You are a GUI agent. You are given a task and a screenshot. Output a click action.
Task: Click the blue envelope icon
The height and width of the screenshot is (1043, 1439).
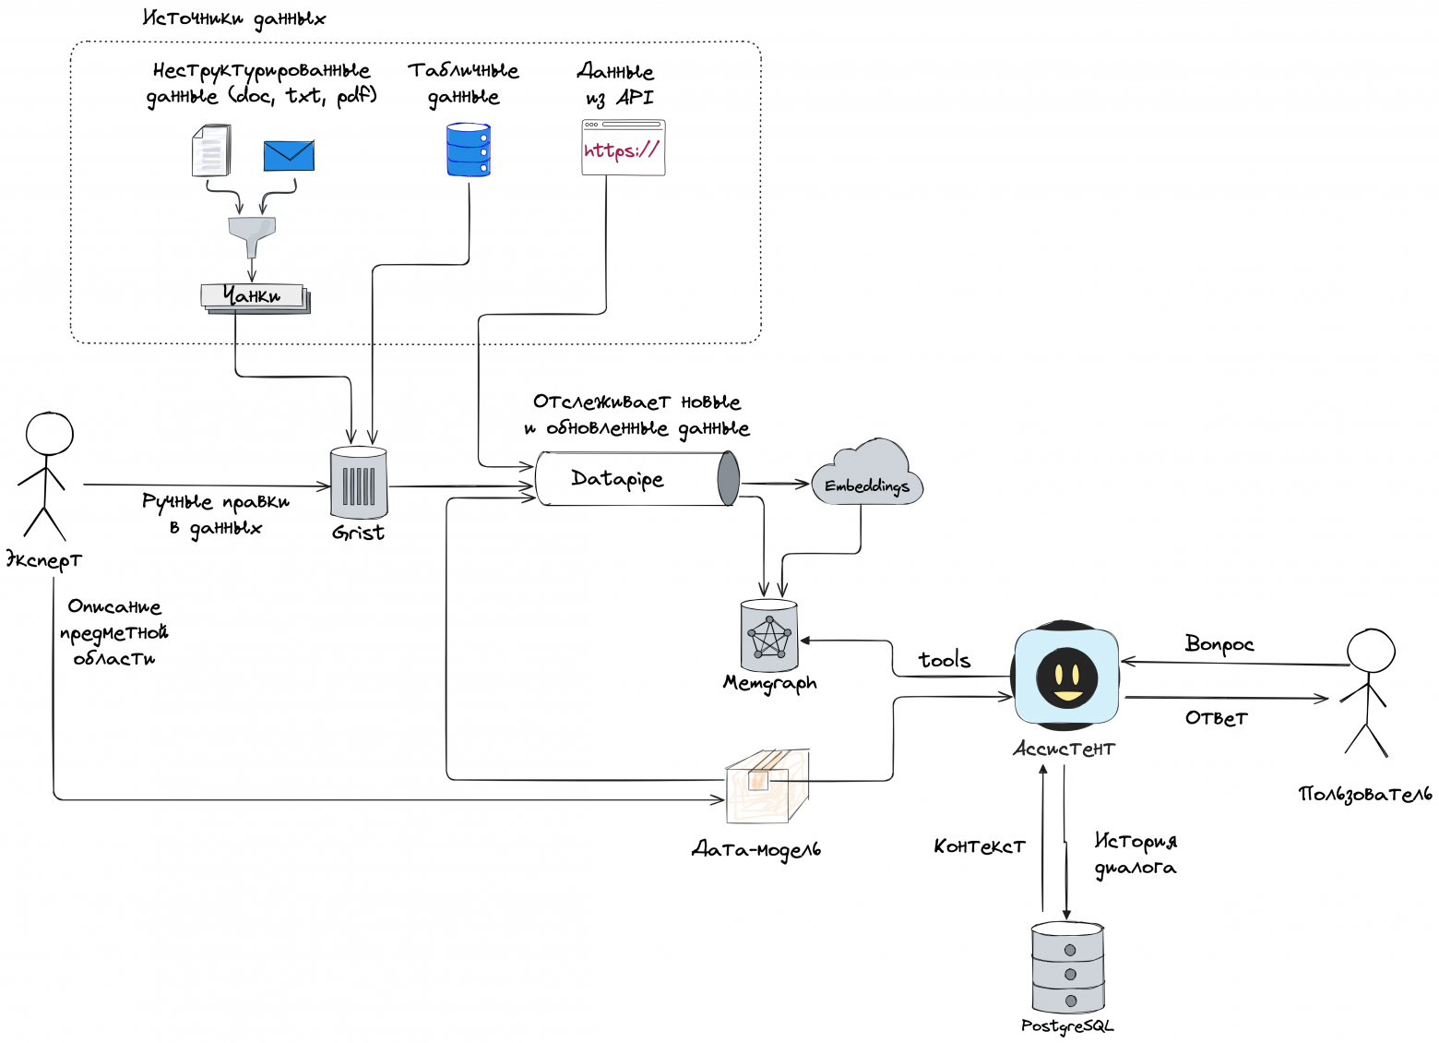click(x=289, y=155)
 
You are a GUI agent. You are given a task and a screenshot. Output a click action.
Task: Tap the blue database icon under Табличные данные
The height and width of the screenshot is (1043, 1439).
click(x=469, y=150)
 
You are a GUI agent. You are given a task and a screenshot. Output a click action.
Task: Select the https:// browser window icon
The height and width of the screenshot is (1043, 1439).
click(x=624, y=148)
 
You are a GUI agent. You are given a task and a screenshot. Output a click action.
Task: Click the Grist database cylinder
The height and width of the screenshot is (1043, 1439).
click(x=359, y=483)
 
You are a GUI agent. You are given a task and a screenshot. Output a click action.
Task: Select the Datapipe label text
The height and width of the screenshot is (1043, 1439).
click(x=617, y=478)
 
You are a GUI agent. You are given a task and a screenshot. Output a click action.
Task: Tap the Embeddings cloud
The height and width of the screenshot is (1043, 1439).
click(x=867, y=476)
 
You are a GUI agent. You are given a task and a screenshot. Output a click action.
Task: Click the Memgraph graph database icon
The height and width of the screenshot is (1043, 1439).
click(x=769, y=636)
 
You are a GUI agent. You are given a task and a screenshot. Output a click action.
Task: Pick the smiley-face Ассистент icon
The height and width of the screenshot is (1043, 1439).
click(x=1067, y=677)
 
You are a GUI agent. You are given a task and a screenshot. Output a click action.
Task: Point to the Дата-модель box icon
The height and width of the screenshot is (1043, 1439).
click(x=767, y=785)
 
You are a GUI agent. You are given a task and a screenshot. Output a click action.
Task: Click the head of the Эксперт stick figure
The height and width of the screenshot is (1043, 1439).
click(x=50, y=433)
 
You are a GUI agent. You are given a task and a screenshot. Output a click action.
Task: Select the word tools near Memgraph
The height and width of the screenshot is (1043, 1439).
click(x=945, y=660)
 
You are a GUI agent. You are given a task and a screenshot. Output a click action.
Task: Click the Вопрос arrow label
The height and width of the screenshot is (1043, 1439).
click(x=1219, y=644)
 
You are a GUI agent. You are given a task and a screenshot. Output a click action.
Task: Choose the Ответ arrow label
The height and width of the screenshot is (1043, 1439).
click(x=1217, y=718)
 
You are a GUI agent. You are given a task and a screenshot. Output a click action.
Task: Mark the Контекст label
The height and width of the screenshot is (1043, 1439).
click(x=980, y=846)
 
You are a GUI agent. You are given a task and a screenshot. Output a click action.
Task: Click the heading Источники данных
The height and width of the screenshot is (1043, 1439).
click(x=234, y=18)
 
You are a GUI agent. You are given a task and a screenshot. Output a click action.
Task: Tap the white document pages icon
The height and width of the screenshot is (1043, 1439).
click(x=211, y=150)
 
